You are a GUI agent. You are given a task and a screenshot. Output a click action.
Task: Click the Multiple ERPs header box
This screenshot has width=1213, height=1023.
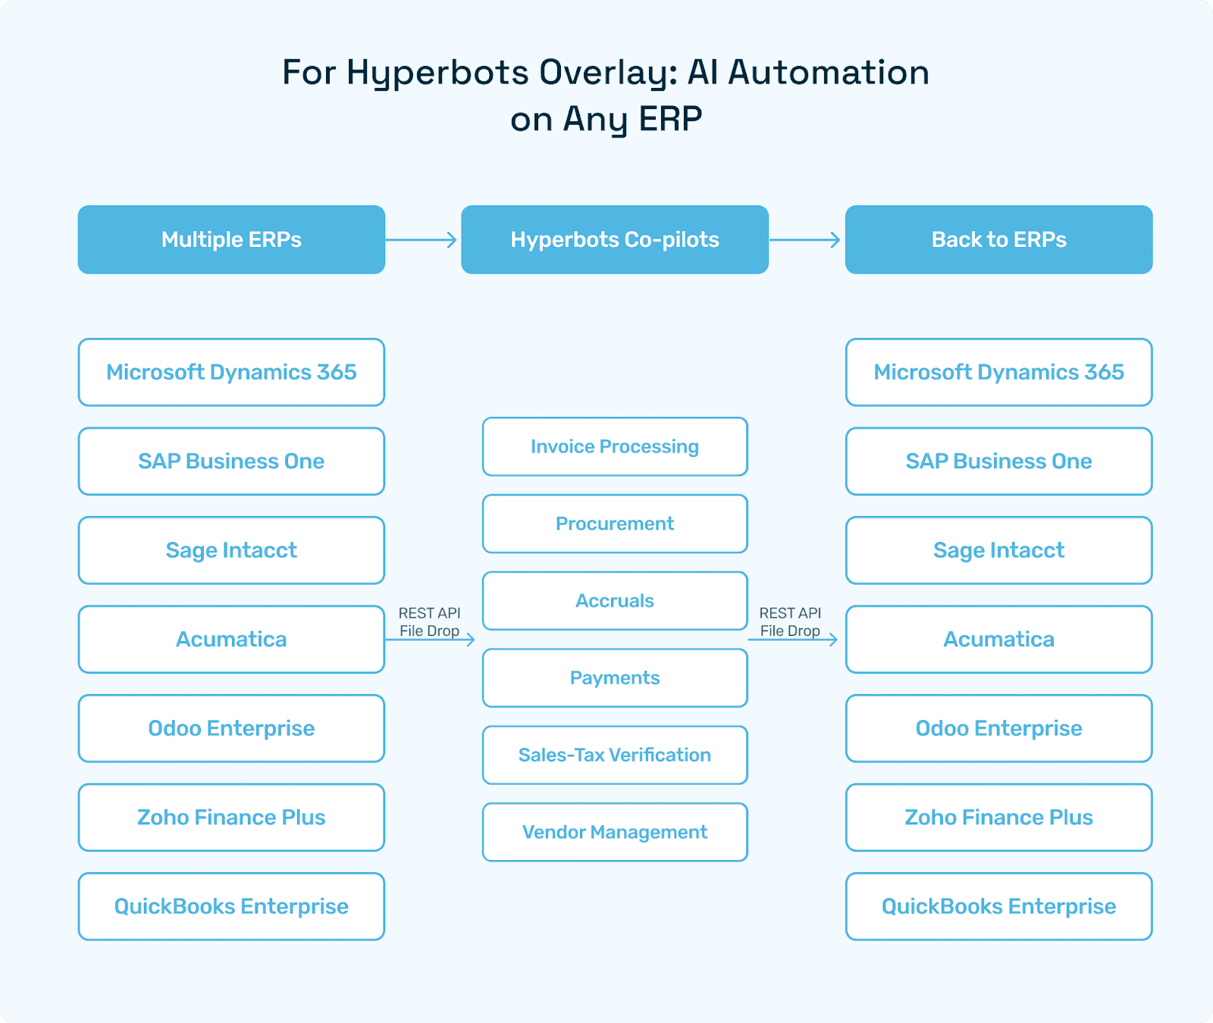pyautogui.click(x=231, y=239)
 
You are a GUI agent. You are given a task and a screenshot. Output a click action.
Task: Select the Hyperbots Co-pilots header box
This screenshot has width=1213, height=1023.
pyautogui.click(x=615, y=239)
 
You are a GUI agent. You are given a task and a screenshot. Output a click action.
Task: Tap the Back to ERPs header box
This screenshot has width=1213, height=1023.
pyautogui.click(x=998, y=239)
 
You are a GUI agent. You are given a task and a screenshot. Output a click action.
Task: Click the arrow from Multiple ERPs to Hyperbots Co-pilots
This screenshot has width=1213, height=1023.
pyautogui.click(x=422, y=240)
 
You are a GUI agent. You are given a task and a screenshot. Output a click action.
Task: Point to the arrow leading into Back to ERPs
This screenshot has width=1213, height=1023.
pyautogui.click(x=806, y=240)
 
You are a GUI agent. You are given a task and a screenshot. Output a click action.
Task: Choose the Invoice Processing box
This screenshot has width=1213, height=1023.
pyautogui.click(x=615, y=446)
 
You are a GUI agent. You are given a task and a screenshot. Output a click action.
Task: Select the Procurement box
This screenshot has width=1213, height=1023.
pyautogui.click(x=615, y=524)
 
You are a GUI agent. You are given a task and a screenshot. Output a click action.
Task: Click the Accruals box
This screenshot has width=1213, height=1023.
pyautogui.click(x=615, y=601)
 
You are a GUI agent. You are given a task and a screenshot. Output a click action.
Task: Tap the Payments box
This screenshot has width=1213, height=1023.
pyautogui.click(x=615, y=678)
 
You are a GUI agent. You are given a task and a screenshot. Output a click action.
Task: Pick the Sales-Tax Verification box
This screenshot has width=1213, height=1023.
pyautogui.click(x=615, y=755)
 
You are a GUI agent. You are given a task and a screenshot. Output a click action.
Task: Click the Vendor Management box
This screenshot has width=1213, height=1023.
pyautogui.click(x=615, y=832)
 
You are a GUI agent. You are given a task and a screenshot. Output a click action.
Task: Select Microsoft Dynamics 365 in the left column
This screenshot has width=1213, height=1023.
pyautogui.click(x=231, y=372)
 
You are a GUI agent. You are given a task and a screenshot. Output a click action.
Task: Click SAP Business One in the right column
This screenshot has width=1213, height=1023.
pyautogui.click(x=998, y=461)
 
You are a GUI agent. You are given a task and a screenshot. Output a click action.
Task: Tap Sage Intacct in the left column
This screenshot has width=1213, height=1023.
pyautogui.click(x=231, y=550)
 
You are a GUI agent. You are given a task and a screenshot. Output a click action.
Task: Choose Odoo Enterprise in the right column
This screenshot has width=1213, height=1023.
pyautogui.click(x=998, y=728)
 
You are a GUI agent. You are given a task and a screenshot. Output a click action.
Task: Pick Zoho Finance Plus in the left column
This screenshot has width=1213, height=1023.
pyautogui.click(x=231, y=818)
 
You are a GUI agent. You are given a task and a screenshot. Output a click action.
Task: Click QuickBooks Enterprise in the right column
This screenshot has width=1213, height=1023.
pyautogui.click(x=998, y=906)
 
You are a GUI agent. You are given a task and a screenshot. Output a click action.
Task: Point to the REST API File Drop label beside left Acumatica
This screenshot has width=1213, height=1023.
pyautogui.click(x=429, y=621)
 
